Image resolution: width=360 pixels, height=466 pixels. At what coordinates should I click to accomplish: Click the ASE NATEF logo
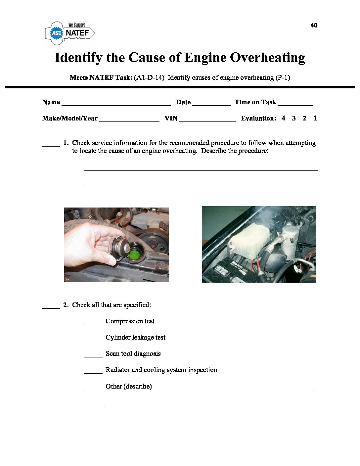[70, 32]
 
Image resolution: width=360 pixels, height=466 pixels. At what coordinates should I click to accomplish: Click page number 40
[314, 25]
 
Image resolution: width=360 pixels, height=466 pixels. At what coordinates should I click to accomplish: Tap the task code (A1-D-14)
[149, 78]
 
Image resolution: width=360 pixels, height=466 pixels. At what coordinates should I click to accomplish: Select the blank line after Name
[116, 104]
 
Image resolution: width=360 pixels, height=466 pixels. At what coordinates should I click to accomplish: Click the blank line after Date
[211, 104]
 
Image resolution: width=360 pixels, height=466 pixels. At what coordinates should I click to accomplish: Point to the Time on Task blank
[295, 104]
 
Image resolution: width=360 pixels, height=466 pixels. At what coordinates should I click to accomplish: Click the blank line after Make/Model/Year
[129, 120]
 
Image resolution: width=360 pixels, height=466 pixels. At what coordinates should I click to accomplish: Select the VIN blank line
[207, 120]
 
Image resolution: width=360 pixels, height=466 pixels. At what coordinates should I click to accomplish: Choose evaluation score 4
[283, 118]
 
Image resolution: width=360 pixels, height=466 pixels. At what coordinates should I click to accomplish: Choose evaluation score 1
[315, 118]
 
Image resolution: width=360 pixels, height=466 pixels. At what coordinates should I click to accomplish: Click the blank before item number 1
[51, 145]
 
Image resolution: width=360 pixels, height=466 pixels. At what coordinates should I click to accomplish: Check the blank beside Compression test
[93, 323]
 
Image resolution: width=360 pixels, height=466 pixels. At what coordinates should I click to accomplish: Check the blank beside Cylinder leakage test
[93, 340]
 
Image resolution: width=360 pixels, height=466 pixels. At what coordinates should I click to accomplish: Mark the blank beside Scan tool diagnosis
[93, 356]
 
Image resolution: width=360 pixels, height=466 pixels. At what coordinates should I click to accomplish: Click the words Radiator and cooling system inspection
[161, 370]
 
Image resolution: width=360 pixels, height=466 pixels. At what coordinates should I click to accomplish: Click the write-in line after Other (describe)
[233, 389]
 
